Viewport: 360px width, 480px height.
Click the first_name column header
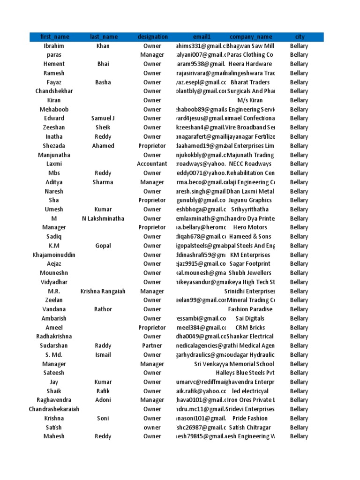click(54, 37)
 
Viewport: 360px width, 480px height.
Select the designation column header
click(152, 37)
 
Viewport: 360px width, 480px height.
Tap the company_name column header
click(251, 37)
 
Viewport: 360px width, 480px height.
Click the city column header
click(300, 37)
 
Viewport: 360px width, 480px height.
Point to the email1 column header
click(202, 37)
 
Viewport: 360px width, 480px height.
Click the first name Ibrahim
click(54, 46)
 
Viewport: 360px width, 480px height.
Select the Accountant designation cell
click(152, 164)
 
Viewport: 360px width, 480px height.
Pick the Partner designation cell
click(152, 345)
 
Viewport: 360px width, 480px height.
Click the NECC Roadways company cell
click(250, 164)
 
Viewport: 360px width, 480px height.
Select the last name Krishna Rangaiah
click(103, 291)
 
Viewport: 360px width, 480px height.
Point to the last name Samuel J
click(103, 119)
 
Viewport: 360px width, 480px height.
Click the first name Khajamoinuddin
click(54, 255)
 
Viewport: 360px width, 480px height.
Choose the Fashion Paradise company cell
click(250, 309)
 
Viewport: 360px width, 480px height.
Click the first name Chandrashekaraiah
click(54, 409)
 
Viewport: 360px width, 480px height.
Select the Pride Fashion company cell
click(250, 418)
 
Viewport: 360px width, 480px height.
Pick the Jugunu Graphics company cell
click(250, 200)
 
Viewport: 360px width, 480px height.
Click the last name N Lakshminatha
click(103, 218)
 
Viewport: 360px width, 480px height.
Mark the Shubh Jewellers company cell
click(250, 273)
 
